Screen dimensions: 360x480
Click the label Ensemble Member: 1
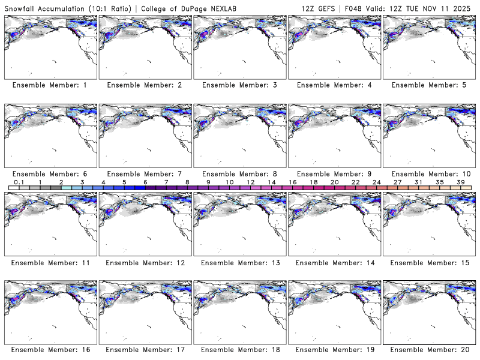pos(50,85)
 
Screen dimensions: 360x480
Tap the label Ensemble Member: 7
pos(144,174)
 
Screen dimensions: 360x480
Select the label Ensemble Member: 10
pos(428,174)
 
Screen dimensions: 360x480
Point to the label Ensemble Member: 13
pos(239,263)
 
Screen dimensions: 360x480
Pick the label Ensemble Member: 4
pos(334,85)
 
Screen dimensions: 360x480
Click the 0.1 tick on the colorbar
pos(19,182)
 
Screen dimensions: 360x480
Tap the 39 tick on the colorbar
pos(460,182)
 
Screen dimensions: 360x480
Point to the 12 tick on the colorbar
pos(250,182)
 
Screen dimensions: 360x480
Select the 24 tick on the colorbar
pos(376,182)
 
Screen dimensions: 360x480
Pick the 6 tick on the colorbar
pos(145,182)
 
